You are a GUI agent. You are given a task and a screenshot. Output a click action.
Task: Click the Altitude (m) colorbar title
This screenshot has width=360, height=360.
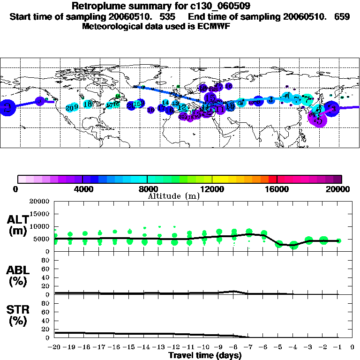coord(174,196)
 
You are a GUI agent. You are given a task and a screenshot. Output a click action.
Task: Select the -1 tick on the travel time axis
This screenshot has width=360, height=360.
coord(338,347)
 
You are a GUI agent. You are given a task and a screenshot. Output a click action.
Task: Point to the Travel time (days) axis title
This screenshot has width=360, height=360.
coord(205,355)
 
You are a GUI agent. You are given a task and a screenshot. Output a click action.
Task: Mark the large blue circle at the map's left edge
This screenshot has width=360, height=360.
coord(7,108)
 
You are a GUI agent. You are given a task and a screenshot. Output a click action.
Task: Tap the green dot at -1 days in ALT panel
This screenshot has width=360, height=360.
coord(338,240)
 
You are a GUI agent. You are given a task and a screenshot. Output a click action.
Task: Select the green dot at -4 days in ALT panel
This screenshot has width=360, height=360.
coord(293,245)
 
